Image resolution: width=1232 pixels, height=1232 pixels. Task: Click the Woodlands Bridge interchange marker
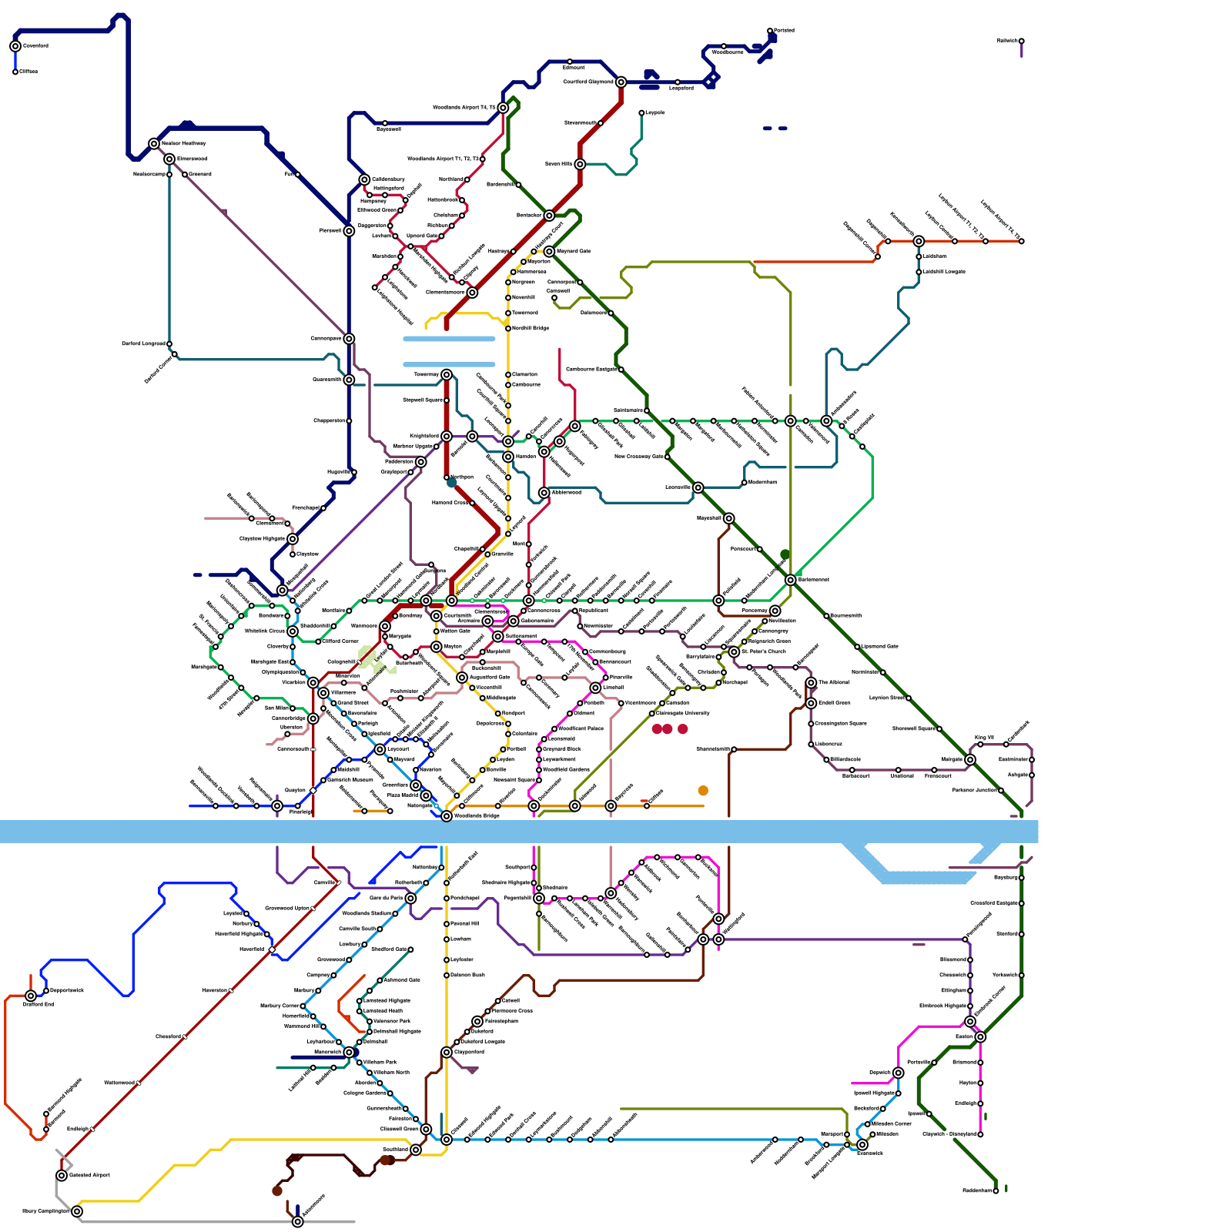(447, 815)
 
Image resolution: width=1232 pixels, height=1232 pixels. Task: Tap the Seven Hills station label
(558, 164)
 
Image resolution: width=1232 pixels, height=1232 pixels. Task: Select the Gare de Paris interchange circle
(410, 898)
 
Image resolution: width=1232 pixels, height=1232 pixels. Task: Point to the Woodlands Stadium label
(366, 913)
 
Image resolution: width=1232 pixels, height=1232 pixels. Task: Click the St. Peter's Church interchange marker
(734, 651)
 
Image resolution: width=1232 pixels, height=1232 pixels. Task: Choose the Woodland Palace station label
(581, 728)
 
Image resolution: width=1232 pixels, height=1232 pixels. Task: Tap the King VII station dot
(980, 745)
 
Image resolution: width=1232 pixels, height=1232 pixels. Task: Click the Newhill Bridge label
(531, 328)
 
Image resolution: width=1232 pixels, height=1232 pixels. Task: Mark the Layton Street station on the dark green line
(909, 698)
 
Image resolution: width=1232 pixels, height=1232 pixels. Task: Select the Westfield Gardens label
(566, 769)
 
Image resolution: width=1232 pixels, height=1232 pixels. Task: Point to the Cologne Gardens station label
(365, 1093)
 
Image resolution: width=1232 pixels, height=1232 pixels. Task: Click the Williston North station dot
(370, 1072)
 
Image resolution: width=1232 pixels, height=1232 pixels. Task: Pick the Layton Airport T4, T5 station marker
(1021, 241)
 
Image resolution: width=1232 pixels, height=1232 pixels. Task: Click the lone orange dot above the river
(703, 791)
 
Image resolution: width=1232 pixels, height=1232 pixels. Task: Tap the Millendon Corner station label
(891, 1123)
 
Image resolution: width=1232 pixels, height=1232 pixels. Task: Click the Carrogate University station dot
(652, 713)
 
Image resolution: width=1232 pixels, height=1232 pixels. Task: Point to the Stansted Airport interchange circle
(62, 1175)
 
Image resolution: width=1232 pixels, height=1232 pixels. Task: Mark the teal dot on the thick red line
(452, 483)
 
